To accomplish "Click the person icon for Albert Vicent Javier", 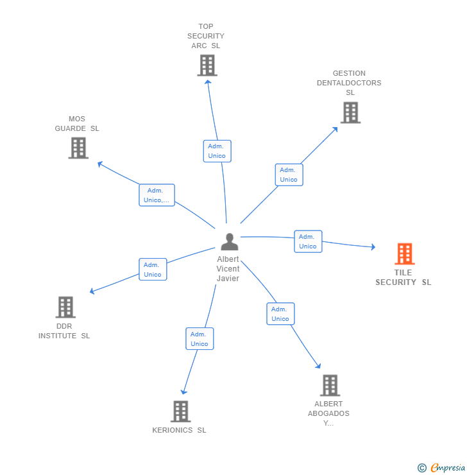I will pyautogui.click(x=229, y=242).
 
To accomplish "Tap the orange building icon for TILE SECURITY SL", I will pyautogui.click(x=404, y=254).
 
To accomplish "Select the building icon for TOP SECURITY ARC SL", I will pyautogui.click(x=207, y=65).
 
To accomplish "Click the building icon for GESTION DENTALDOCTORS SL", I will pyautogui.click(x=350, y=112).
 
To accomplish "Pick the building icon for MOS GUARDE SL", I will pyautogui.click(x=78, y=148).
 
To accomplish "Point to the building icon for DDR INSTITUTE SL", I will pyautogui.click(x=65, y=307).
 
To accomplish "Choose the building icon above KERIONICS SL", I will pyautogui.click(x=181, y=411).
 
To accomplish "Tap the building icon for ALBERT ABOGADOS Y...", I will pyautogui.click(x=329, y=385).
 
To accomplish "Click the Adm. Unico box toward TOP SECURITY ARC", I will pyautogui.click(x=217, y=151).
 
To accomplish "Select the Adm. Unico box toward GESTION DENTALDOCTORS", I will pyautogui.click(x=289, y=175).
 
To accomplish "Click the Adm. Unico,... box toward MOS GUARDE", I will pyautogui.click(x=157, y=195).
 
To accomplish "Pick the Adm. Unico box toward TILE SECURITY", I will pyautogui.click(x=308, y=241).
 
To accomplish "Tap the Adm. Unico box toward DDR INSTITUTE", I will pyautogui.click(x=153, y=270).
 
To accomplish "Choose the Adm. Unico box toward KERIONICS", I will pyautogui.click(x=200, y=339).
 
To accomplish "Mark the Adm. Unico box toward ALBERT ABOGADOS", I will pyautogui.click(x=280, y=314).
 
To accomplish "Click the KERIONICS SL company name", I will pyautogui.click(x=179, y=430).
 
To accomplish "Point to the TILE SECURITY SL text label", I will pyautogui.click(x=403, y=277).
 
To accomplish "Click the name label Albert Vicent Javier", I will pyautogui.click(x=228, y=269).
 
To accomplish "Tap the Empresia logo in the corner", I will pyautogui.click(x=442, y=468).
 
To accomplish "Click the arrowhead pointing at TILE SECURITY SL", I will pyautogui.click(x=373, y=247).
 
